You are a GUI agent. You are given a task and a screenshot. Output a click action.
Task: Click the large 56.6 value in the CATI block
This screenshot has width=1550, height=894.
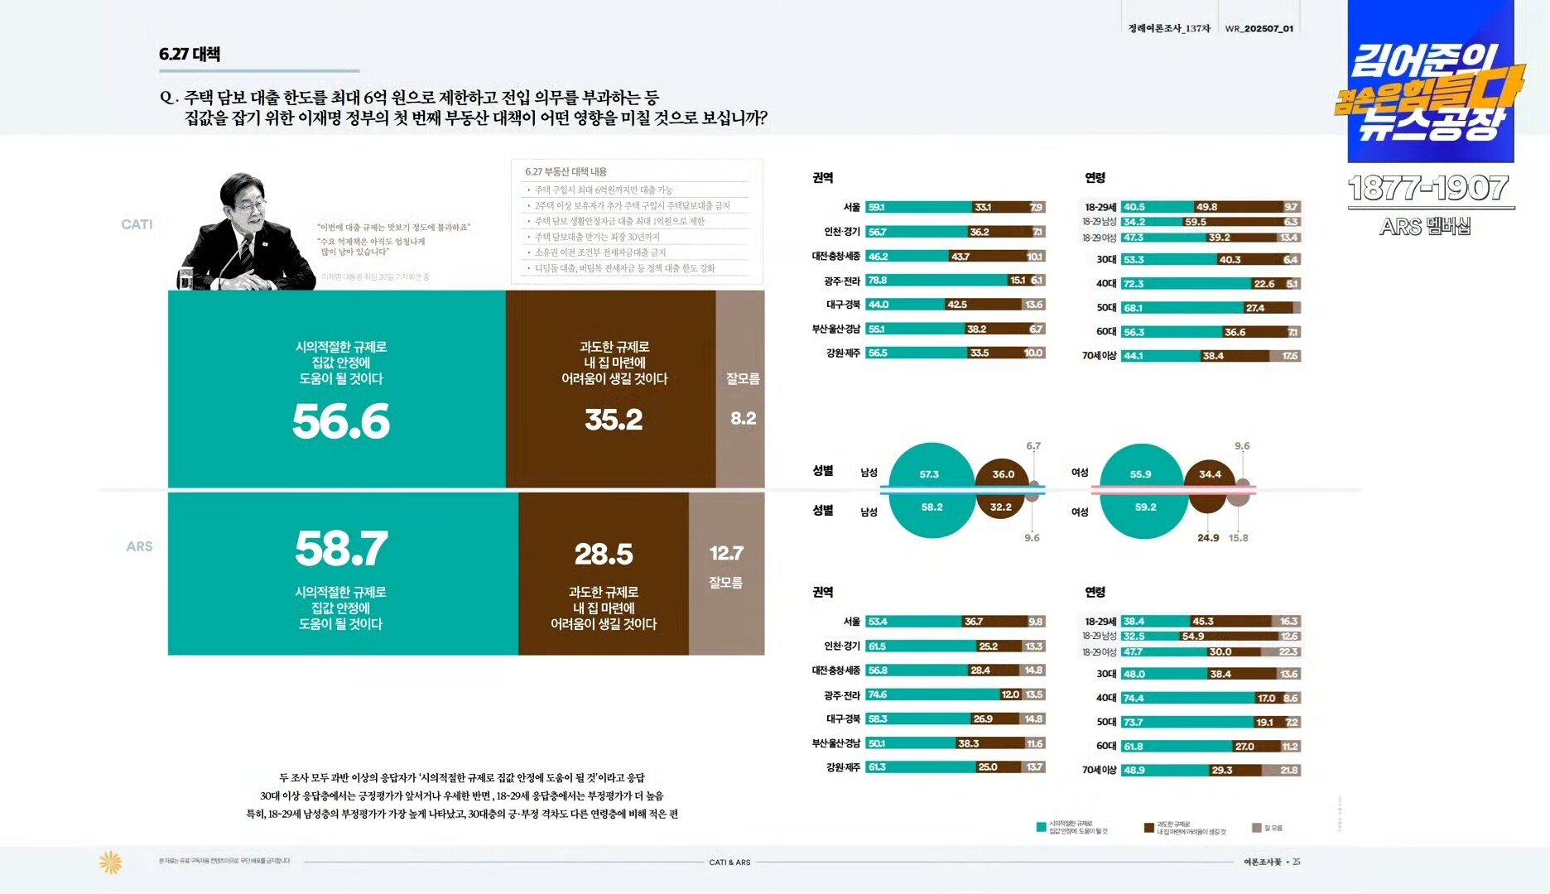340,421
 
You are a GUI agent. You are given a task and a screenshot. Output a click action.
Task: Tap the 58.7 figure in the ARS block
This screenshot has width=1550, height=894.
340,548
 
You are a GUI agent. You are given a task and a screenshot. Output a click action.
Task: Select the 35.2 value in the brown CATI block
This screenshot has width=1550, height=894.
614,420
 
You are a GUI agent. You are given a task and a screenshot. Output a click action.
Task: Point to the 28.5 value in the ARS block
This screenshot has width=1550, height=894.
604,554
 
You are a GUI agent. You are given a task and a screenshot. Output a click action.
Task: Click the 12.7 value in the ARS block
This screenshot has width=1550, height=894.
726,553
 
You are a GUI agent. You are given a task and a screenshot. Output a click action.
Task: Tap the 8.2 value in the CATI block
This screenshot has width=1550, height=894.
743,418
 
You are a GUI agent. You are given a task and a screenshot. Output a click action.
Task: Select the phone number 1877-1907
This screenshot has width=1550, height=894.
1427,189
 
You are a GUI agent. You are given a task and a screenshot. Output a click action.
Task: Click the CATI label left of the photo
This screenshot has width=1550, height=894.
137,224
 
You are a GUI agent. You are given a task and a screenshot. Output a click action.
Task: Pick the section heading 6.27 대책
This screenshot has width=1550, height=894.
190,55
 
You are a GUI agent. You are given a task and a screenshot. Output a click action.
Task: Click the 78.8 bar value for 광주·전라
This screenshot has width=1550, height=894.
878,281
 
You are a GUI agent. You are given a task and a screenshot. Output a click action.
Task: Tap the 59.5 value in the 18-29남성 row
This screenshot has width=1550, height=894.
1195,222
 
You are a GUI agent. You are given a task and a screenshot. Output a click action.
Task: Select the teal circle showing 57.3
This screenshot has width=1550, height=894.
929,473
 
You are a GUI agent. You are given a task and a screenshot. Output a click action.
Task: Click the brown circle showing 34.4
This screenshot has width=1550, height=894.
1210,474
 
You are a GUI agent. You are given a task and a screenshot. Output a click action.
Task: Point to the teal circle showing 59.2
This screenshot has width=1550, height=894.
1145,507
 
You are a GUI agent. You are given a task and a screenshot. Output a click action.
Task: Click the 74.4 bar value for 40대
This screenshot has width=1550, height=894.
1134,698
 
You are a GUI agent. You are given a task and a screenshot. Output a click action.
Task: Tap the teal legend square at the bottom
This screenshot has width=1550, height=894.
1041,827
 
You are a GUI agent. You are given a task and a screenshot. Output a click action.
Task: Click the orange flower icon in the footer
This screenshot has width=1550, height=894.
110,862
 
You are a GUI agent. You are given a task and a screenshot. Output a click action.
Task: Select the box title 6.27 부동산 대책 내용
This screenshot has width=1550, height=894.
566,172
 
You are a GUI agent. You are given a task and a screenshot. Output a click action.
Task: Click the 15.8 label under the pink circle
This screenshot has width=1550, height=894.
1238,538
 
